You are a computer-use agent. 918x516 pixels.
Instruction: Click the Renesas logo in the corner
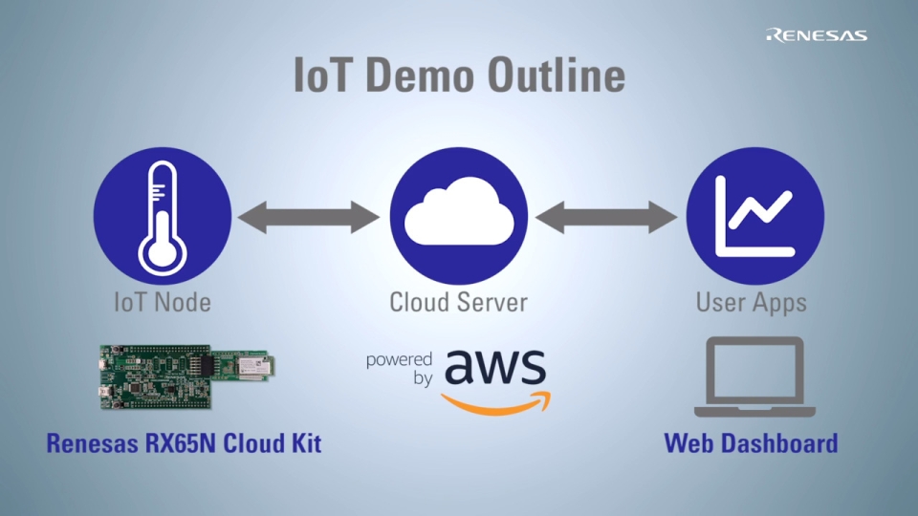click(816, 35)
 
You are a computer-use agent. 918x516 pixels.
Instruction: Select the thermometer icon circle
click(163, 217)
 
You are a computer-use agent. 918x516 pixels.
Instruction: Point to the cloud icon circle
click(459, 217)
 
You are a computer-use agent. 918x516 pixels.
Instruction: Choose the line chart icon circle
click(755, 217)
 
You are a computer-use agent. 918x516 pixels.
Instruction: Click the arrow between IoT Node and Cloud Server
click(310, 217)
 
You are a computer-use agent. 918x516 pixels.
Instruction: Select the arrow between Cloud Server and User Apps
click(607, 217)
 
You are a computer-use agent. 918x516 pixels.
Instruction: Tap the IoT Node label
click(163, 303)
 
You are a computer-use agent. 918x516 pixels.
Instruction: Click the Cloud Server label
click(458, 303)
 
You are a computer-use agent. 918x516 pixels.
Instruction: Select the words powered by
click(399, 369)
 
